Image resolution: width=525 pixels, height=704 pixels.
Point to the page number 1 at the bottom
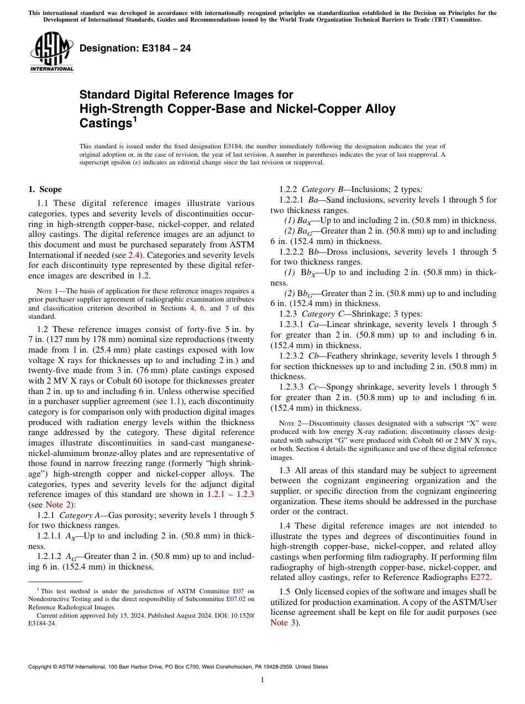point(262,681)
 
